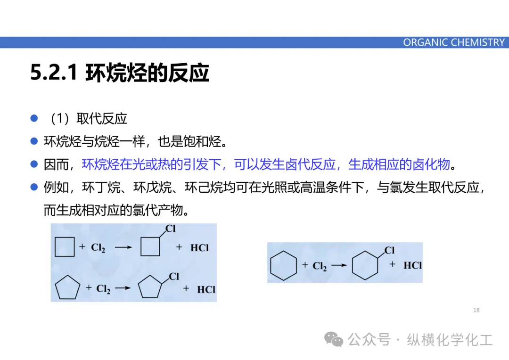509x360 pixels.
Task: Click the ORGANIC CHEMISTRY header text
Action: pos(453,42)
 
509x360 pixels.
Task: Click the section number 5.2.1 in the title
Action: pos(53,74)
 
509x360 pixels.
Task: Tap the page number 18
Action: pos(476,310)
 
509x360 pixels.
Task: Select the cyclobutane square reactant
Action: pos(65,247)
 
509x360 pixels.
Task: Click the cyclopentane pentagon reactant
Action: pos(68,289)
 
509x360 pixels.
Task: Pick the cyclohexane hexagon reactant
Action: pos(283,266)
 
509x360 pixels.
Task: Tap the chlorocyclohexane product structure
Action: pos(369,263)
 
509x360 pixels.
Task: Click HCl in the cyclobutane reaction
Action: pos(199,247)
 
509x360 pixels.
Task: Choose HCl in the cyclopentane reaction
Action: pos(206,289)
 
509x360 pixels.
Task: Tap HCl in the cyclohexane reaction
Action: pos(412,265)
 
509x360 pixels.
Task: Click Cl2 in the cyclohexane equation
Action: pos(320,267)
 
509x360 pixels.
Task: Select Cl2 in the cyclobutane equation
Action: pos(98,248)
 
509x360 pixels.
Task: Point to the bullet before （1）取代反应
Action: pos(34,118)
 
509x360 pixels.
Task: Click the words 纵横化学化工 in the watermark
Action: pos(450,340)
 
